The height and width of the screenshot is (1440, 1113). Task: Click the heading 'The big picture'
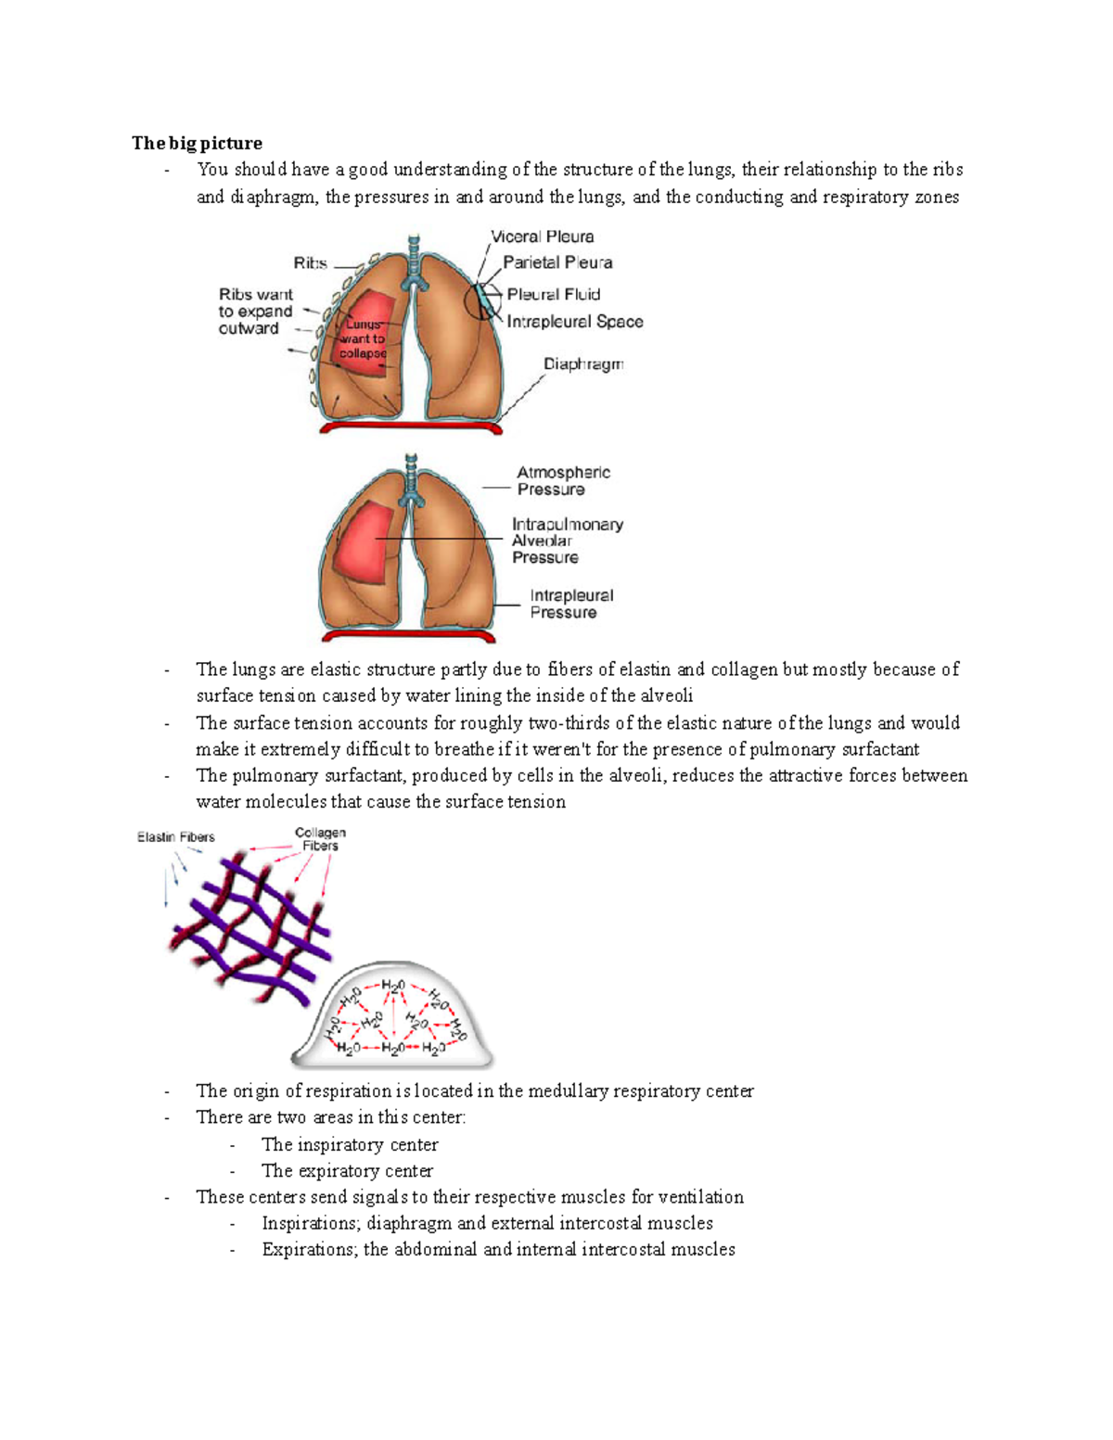(197, 143)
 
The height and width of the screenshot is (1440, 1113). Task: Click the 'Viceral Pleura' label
(543, 236)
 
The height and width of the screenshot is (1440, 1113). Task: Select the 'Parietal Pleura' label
(557, 262)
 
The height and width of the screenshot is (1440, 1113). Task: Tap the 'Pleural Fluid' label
(554, 294)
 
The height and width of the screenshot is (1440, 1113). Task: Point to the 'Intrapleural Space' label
(575, 322)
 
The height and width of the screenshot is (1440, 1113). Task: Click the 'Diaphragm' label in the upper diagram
(583, 363)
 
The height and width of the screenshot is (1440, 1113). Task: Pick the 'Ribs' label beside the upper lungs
(310, 263)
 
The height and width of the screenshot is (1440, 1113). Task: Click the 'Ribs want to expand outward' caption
(255, 312)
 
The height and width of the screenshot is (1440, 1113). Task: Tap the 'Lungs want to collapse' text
(363, 338)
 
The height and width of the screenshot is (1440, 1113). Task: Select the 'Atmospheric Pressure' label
(563, 480)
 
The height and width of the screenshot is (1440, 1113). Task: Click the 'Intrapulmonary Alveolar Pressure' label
(567, 541)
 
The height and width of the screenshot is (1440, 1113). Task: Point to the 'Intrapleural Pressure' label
(571, 604)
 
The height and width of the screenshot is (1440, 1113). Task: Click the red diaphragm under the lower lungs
(409, 636)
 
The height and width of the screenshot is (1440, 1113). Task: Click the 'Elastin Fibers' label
(176, 837)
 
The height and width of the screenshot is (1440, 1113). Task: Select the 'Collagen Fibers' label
(320, 839)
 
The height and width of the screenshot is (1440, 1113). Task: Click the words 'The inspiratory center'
(350, 1144)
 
